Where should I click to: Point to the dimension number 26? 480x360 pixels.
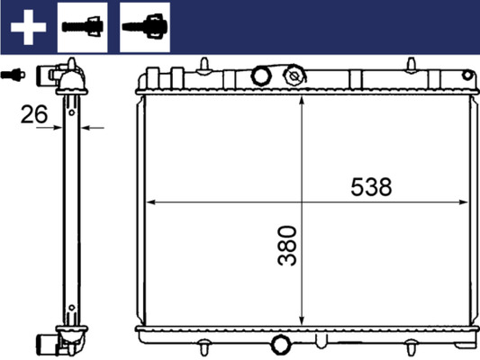[35, 114]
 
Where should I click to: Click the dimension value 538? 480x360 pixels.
[371, 187]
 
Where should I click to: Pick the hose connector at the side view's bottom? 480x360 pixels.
[50, 342]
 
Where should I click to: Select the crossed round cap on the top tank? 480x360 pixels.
[294, 78]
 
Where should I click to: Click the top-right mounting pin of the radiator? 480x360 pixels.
[411, 65]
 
